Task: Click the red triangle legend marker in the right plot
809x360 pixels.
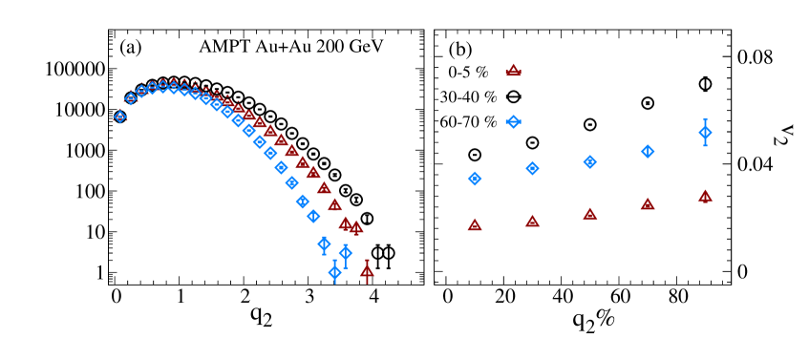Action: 513,71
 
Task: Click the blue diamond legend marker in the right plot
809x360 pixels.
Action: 513,121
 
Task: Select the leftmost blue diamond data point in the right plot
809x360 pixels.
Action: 475,179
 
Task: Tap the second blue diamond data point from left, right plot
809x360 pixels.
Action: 532,168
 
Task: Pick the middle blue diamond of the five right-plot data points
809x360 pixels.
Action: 590,162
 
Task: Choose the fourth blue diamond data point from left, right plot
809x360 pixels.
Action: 648,151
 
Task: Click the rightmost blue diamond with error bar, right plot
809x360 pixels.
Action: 705,132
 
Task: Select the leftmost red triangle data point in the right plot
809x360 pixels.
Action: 475,224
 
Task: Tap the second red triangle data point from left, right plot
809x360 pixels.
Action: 532,221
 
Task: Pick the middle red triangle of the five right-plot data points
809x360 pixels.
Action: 590,214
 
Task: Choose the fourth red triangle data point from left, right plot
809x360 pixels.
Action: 648,203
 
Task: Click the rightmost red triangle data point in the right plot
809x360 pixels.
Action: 705,196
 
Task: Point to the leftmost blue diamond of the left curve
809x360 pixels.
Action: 120,116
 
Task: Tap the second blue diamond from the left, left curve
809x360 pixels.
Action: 131,98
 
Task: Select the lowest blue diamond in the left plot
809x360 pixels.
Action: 334,272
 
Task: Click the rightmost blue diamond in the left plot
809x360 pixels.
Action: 345,253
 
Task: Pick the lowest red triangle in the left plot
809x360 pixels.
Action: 367,271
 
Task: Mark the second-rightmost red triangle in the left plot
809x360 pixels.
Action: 356,227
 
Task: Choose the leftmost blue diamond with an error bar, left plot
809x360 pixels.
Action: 324,244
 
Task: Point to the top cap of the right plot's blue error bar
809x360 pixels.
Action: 705,119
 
